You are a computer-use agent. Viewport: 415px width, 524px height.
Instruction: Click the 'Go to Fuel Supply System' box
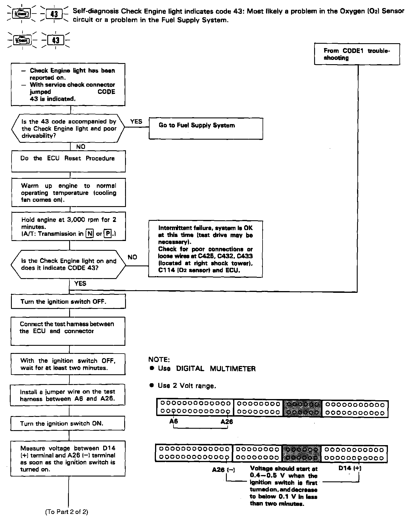205,128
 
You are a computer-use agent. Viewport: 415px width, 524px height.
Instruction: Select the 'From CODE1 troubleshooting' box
357,54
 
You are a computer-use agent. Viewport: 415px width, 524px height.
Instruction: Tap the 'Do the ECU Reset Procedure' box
68,161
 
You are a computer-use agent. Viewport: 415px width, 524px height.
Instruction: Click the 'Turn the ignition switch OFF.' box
68,301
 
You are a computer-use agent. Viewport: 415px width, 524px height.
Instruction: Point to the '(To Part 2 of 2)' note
67,512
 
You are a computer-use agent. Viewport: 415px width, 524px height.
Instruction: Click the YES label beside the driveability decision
136,121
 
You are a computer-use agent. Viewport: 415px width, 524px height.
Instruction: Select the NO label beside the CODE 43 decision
132,257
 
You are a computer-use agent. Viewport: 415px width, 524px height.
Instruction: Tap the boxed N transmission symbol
90,233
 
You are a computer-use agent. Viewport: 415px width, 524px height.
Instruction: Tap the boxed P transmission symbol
108,233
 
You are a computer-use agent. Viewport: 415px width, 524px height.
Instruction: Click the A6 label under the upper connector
173,421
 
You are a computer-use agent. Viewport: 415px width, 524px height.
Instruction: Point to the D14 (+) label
350,468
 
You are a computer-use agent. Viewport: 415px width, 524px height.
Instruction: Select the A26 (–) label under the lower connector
223,470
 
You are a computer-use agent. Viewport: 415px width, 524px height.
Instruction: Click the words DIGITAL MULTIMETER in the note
216,369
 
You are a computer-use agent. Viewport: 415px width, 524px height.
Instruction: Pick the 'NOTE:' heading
159,360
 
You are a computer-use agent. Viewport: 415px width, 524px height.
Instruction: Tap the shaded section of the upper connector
302,408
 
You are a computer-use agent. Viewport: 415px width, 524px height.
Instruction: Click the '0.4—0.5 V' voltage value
265,476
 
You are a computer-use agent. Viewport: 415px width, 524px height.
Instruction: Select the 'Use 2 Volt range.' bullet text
187,386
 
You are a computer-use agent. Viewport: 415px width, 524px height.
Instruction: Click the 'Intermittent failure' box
205,249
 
